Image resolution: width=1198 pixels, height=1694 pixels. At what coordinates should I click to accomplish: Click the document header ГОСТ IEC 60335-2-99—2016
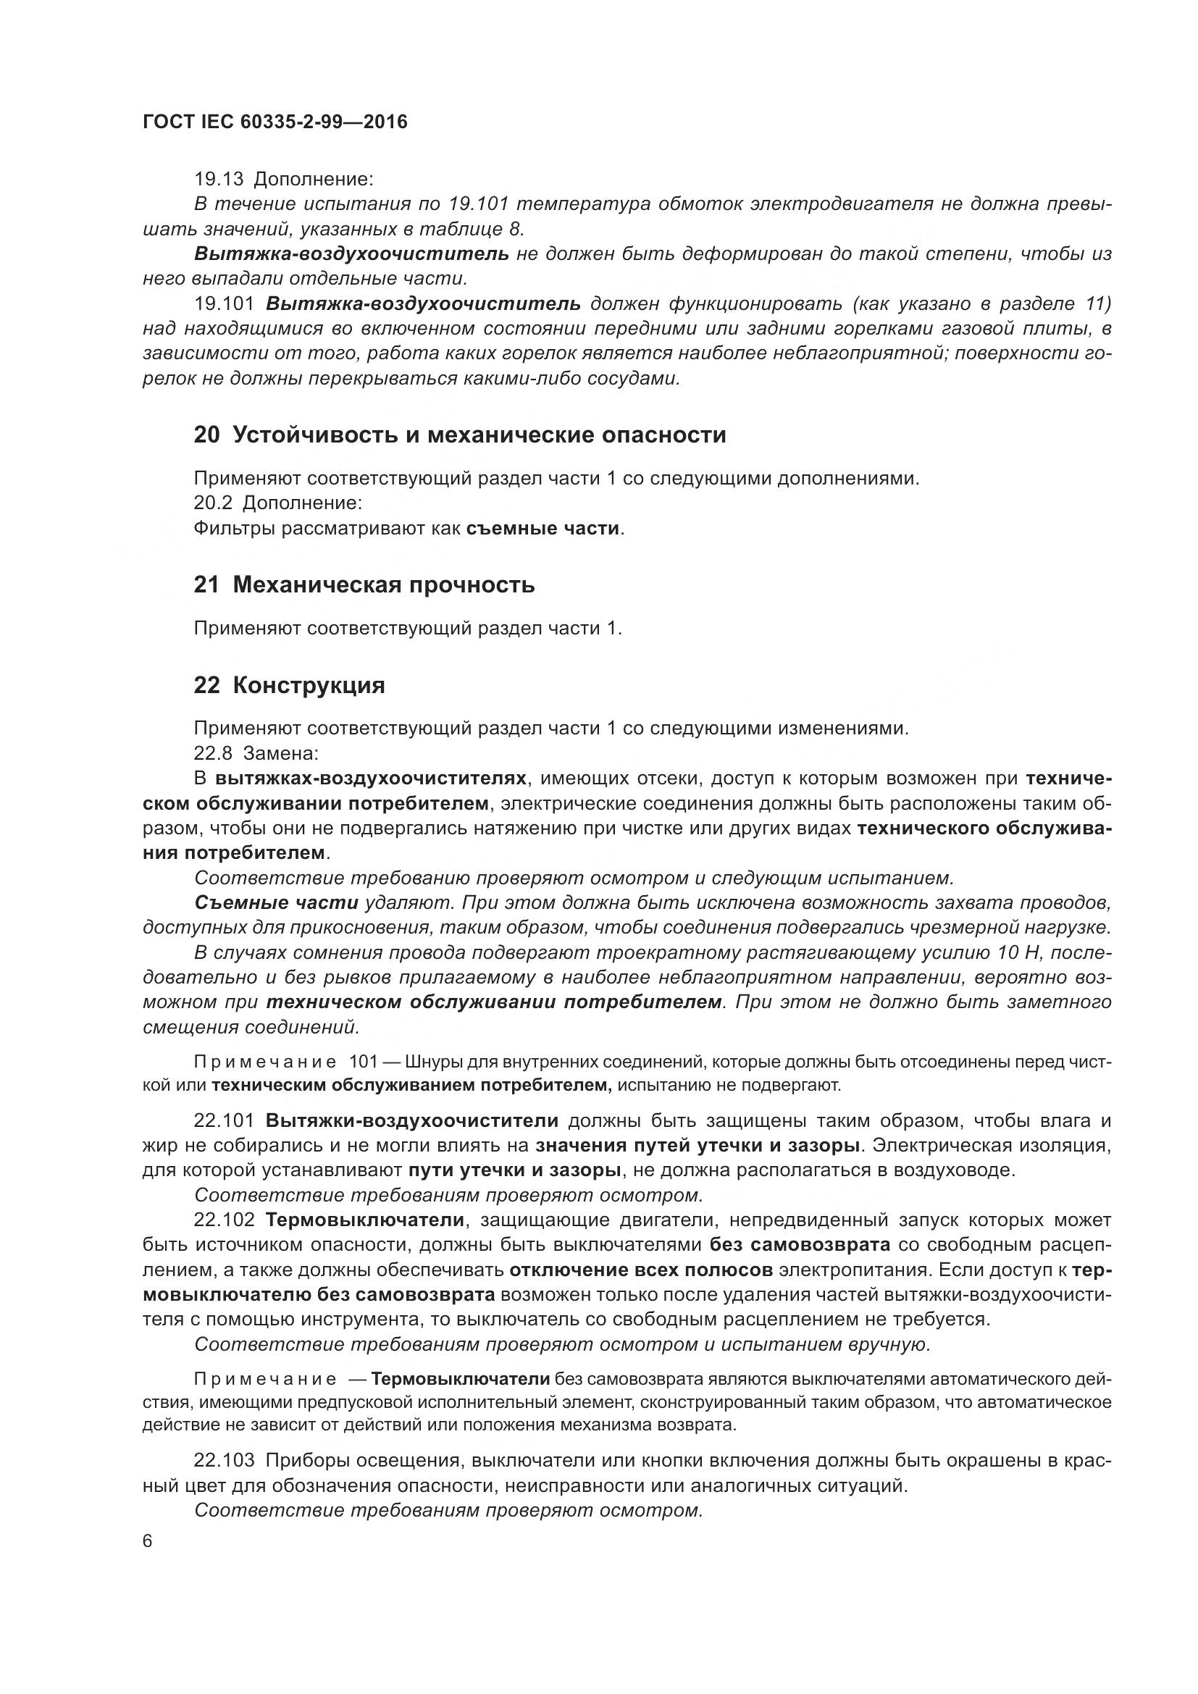click(x=275, y=122)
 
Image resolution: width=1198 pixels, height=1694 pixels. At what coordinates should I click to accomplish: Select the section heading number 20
click(x=206, y=435)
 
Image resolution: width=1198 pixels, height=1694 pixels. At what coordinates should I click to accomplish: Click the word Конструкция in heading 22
click(x=309, y=685)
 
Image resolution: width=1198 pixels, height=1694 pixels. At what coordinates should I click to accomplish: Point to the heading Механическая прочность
click(x=384, y=585)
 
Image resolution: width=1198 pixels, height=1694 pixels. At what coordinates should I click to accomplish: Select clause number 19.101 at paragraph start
click(x=225, y=304)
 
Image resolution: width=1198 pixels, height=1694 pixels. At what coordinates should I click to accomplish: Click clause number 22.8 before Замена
click(x=212, y=753)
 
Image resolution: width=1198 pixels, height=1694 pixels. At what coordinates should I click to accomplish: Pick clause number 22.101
click(x=225, y=1120)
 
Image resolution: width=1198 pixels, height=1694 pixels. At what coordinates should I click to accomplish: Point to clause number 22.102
click(x=225, y=1220)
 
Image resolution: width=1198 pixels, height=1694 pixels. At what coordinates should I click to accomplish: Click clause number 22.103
click(x=225, y=1459)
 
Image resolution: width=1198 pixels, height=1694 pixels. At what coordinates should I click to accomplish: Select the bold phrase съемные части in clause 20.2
click(x=543, y=528)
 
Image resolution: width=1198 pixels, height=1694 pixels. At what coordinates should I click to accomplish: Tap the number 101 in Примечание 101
click(x=363, y=1062)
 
